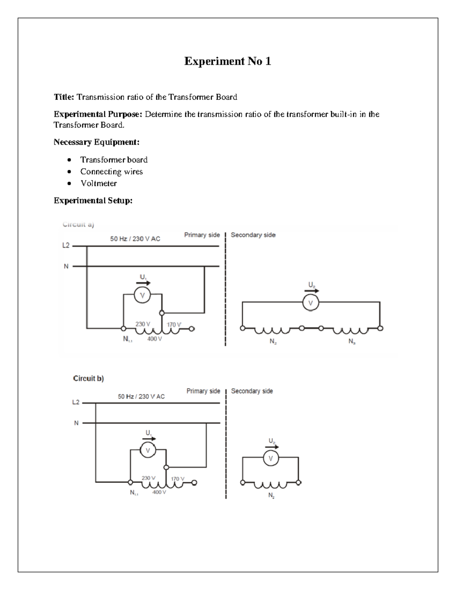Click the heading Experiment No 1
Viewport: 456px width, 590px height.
pyautogui.click(x=228, y=61)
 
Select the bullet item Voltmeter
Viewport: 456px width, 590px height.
pyautogui.click(x=98, y=183)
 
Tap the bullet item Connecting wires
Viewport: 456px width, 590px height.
pyautogui.click(x=111, y=172)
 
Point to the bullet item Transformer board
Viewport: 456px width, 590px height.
pyautogui.click(x=114, y=160)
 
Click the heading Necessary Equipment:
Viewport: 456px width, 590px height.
pyautogui.click(x=97, y=142)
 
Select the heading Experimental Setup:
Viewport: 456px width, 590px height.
pyautogui.click(x=93, y=201)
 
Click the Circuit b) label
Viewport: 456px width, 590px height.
pyautogui.click(x=88, y=378)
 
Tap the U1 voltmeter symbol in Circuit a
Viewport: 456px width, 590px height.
pyautogui.click(x=142, y=296)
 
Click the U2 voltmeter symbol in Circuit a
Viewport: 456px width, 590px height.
pyautogui.click(x=310, y=303)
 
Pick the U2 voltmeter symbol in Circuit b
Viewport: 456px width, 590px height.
pyautogui.click(x=271, y=459)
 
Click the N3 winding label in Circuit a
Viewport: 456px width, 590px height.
pyautogui.click(x=352, y=342)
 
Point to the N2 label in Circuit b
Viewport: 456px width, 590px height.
pyautogui.click(x=271, y=495)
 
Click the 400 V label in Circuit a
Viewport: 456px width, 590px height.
pyautogui.click(x=155, y=339)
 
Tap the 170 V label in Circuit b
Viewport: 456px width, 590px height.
pyautogui.click(x=177, y=479)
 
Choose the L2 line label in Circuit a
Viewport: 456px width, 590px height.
pyautogui.click(x=66, y=245)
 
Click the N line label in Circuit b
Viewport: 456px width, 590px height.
pyautogui.click(x=76, y=423)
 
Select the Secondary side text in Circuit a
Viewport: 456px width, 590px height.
pyautogui.click(x=253, y=235)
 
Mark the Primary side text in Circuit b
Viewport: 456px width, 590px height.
pyautogui.click(x=203, y=391)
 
